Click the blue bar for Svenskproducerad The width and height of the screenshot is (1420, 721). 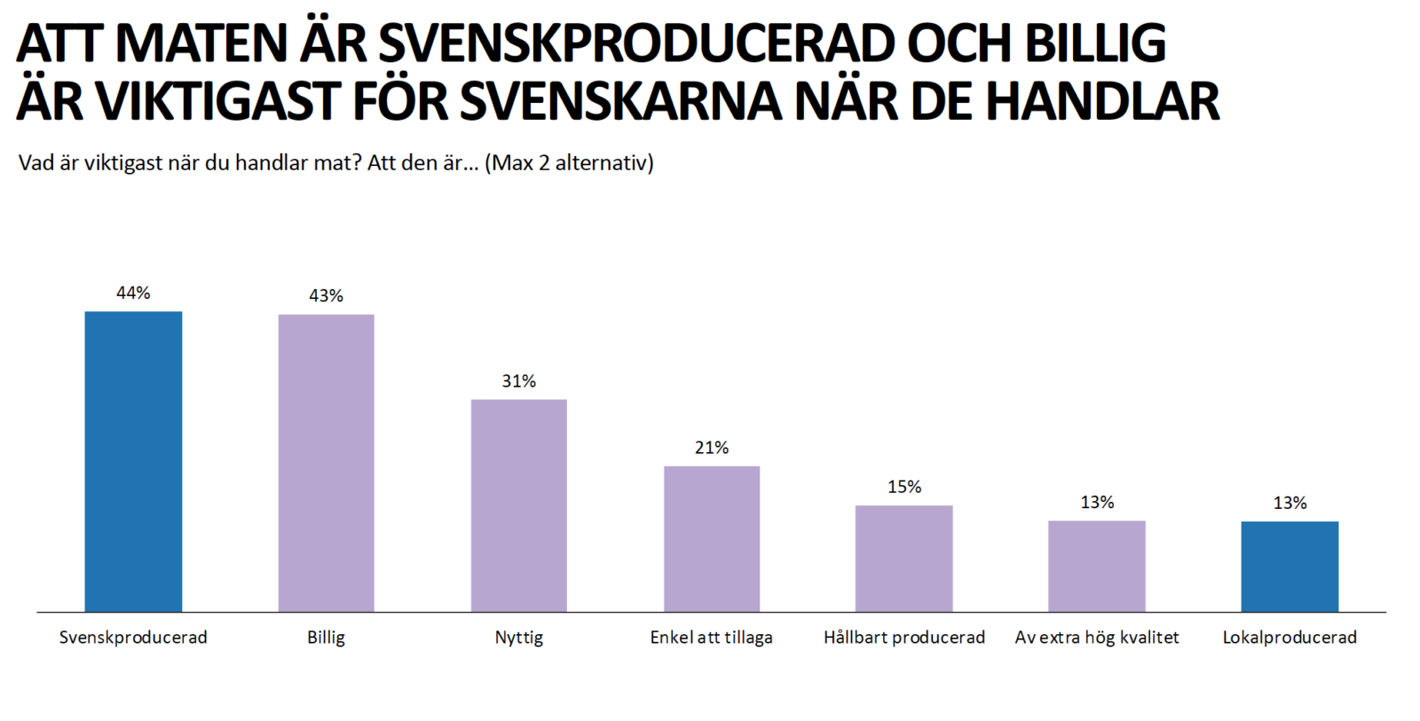point(133,461)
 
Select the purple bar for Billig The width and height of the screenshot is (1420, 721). point(326,463)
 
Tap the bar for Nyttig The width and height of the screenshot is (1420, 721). point(518,505)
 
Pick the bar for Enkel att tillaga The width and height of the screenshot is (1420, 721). point(712,538)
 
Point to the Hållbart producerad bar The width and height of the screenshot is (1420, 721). point(903,559)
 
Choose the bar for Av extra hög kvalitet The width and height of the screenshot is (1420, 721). point(1097,566)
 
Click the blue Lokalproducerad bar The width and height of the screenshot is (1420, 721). point(1290,567)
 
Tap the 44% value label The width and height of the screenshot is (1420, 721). point(133,293)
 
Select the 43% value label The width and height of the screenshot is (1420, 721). point(326,295)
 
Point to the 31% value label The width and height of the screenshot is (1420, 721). point(518,381)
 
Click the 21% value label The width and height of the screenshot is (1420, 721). point(712,448)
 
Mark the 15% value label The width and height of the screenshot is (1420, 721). point(904,487)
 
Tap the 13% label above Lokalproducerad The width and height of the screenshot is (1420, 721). point(1290,503)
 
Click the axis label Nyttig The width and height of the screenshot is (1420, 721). point(518,638)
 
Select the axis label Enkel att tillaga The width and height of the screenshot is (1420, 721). point(711,638)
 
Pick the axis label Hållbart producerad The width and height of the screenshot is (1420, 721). point(903,638)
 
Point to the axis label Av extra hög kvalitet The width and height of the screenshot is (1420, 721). point(1097,638)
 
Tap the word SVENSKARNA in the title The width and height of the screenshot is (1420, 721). point(621,101)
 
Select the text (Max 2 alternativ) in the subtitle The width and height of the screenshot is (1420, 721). point(569,163)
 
